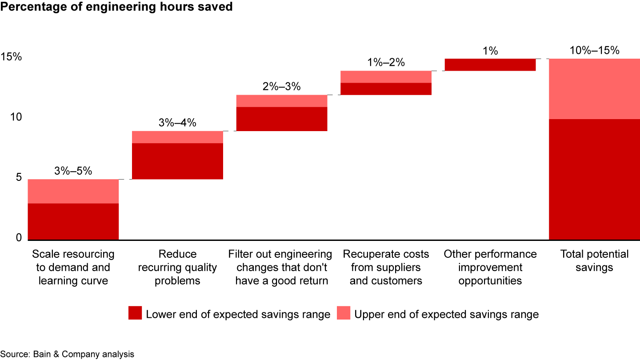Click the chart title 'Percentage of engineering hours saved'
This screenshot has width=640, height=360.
click(116, 8)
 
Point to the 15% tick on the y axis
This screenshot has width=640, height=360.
click(11, 57)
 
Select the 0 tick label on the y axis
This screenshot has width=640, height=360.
click(19, 238)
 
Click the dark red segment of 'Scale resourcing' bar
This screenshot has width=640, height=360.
click(73, 221)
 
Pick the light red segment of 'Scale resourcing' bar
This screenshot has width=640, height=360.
click(73, 191)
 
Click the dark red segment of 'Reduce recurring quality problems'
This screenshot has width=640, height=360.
click(177, 161)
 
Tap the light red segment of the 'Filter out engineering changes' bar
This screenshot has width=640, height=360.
click(282, 101)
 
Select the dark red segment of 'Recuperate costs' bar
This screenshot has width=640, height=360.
click(386, 89)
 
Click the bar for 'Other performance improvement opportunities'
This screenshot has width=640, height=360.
click(490, 64)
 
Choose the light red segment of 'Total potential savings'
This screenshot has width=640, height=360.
click(594, 88)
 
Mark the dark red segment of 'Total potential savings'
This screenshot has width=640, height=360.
click(594, 179)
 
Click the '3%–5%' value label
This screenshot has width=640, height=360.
click(73, 171)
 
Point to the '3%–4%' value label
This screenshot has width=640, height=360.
click(177, 123)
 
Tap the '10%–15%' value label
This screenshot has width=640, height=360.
click(594, 50)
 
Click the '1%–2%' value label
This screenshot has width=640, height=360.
click(386, 62)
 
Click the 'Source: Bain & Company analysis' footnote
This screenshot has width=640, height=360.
click(68, 354)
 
